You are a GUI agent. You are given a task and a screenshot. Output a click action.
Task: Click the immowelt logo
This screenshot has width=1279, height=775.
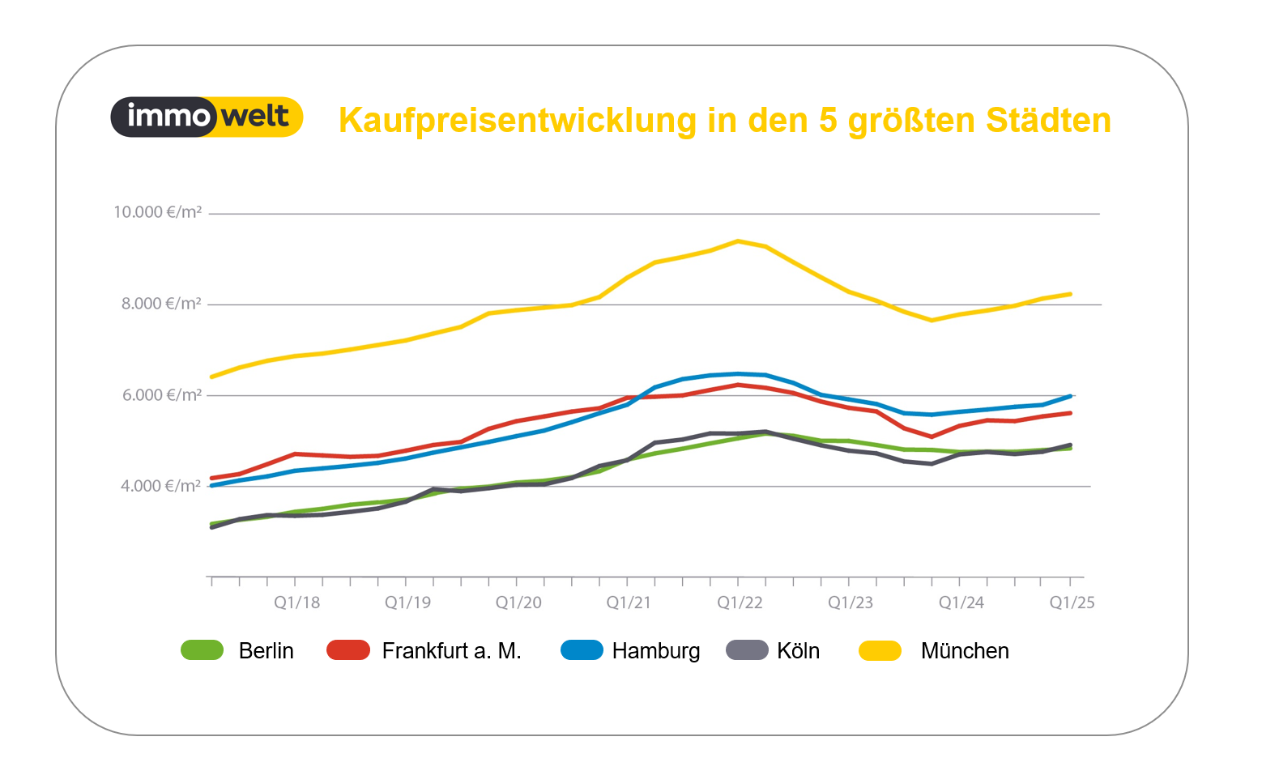point(207,117)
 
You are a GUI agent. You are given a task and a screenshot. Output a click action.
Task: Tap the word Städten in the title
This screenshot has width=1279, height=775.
point(1048,121)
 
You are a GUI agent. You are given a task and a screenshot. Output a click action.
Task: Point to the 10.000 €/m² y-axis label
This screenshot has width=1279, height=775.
point(157,212)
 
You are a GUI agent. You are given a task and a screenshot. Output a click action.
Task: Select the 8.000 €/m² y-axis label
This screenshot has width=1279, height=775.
point(161,304)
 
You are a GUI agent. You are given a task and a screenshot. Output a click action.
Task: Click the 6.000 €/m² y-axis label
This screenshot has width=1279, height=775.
point(161,395)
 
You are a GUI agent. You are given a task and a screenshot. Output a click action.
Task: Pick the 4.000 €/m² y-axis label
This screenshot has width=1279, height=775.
point(160,486)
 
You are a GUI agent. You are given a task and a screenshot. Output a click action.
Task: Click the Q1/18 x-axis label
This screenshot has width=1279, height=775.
point(296,603)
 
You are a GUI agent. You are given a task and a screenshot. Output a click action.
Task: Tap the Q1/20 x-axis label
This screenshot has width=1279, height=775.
point(518,603)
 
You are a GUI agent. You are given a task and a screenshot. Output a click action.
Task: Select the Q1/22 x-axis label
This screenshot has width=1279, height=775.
point(740,603)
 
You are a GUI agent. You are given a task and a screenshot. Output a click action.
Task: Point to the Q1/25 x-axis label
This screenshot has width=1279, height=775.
point(1072,603)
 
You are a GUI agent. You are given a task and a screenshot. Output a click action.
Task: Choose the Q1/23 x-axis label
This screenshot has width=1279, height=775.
point(851,603)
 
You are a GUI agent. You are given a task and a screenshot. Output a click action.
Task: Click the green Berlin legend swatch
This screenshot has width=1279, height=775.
point(202,650)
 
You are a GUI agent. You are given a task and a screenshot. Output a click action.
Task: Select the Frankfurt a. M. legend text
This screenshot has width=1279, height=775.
point(451,651)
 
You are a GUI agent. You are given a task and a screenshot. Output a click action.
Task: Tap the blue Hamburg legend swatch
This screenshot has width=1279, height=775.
point(582,650)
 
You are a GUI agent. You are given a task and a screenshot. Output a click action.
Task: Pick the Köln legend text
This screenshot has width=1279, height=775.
point(798,651)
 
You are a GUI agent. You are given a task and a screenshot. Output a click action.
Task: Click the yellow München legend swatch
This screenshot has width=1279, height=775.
point(880,650)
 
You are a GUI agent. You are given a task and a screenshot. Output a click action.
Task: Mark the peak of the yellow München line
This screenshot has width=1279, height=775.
point(738,241)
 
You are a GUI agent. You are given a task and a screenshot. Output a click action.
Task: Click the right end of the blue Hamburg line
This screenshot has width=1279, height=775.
point(1071,396)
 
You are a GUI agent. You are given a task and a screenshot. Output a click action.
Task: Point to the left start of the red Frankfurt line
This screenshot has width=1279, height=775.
point(211,478)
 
